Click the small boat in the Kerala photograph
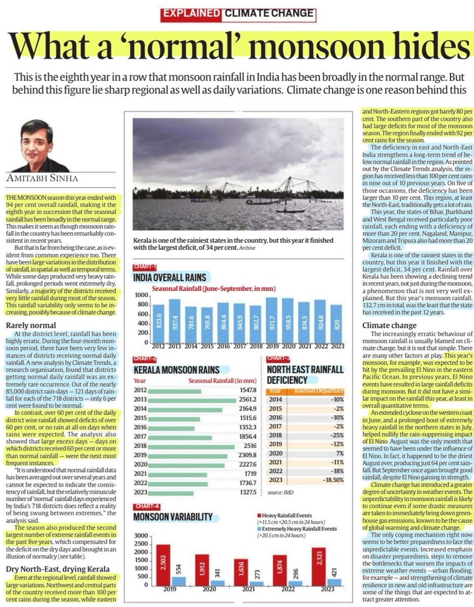290,210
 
